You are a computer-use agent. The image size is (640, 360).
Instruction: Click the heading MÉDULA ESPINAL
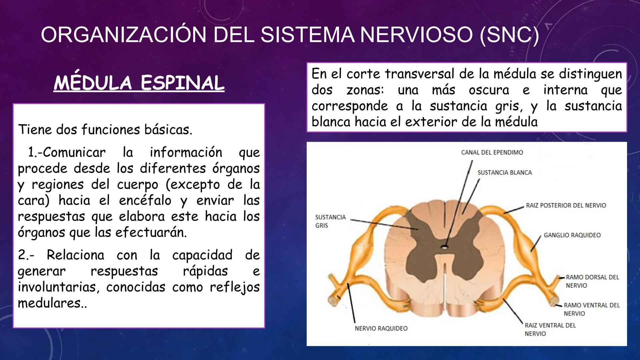pyautogui.click(x=139, y=83)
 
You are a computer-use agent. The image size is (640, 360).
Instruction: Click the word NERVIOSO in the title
pyautogui.click(x=416, y=35)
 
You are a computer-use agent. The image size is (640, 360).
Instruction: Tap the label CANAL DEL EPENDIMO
pyautogui.click(x=492, y=152)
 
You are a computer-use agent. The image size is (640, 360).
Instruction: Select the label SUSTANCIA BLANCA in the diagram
pyautogui.click(x=505, y=173)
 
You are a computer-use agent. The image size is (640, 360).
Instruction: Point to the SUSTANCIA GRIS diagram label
pyautogui.click(x=330, y=221)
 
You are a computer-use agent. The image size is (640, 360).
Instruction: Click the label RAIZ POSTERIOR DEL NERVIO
pyautogui.click(x=566, y=205)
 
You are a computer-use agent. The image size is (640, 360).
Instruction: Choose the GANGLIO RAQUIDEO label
pyautogui.click(x=572, y=235)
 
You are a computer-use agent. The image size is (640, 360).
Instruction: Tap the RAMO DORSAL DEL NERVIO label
pyautogui.click(x=592, y=281)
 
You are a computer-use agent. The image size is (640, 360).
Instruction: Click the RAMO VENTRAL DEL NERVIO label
pyautogui.click(x=591, y=309)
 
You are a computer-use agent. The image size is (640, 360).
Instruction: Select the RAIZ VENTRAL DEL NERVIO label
pyautogui.click(x=550, y=329)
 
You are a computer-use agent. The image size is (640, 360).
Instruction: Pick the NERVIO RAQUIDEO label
pyautogui.click(x=381, y=328)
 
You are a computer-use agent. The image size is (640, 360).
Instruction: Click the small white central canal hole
pyautogui.click(x=444, y=247)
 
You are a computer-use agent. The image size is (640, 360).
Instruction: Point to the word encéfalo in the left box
pyautogui.click(x=145, y=201)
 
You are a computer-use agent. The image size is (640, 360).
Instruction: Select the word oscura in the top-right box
pyautogui.click(x=489, y=90)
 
